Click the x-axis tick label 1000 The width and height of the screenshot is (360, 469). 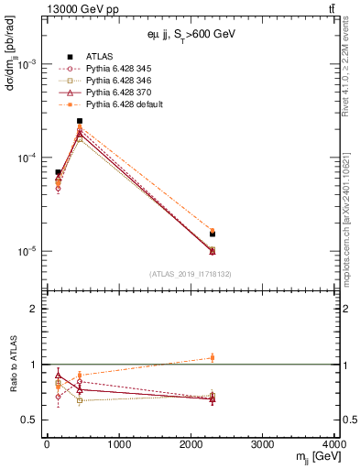(118, 444)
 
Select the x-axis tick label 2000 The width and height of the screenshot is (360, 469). (191, 444)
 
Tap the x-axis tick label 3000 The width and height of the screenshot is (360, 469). (263, 444)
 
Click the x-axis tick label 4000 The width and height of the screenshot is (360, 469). (335, 444)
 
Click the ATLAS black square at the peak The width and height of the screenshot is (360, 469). (80, 121)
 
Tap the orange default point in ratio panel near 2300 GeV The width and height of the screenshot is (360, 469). (213, 357)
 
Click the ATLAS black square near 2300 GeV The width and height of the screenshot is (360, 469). (213, 234)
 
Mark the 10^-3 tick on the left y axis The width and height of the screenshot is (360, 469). (29, 64)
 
